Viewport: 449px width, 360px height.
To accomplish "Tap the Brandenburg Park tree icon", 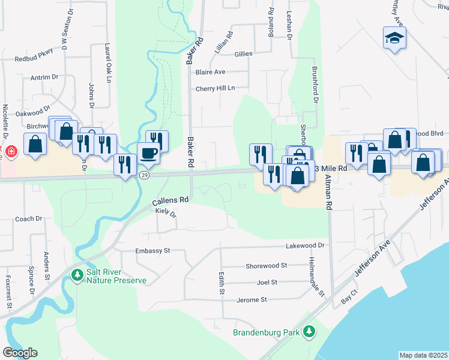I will (x=309, y=331).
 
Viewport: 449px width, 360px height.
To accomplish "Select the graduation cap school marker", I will (x=394, y=38).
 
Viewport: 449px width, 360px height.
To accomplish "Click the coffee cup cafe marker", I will (x=149, y=153).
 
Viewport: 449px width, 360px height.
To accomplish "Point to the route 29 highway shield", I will (x=144, y=175).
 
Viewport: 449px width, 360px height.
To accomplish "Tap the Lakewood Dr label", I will (x=306, y=245).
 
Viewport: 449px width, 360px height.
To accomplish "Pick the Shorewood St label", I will (x=267, y=265).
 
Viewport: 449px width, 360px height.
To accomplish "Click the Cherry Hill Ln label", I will (x=215, y=89).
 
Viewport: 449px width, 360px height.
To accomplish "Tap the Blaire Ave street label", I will (x=210, y=72).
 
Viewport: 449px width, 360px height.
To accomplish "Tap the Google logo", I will (x=20, y=352).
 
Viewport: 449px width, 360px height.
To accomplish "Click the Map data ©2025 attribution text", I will (x=423, y=355).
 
